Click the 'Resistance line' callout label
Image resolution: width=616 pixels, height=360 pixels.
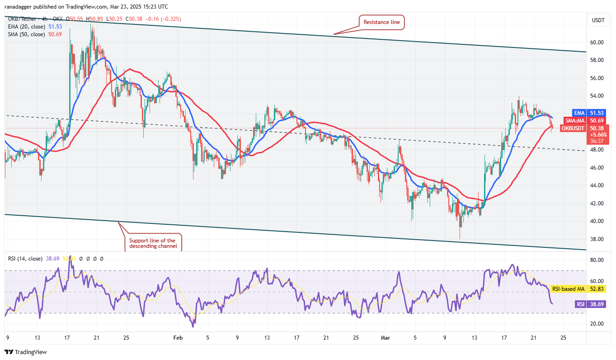[382, 22]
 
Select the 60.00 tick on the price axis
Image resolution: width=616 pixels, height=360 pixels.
[597, 43]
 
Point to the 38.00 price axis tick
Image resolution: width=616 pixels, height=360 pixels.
[597, 239]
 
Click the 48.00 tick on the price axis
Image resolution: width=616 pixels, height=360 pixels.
[597, 150]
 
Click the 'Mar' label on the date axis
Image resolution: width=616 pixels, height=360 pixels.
[385, 337]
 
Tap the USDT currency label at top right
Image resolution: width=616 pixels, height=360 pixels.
[597, 20]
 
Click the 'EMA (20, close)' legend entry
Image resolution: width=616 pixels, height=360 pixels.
[34, 27]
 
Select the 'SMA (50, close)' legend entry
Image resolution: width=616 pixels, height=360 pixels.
[33, 34]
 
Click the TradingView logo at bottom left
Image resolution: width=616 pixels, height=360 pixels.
[26, 352]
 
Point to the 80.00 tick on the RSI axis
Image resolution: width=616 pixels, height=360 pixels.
[597, 260]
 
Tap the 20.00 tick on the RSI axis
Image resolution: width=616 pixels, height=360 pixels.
[597, 324]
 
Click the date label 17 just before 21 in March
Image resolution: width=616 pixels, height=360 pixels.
[503, 337]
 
